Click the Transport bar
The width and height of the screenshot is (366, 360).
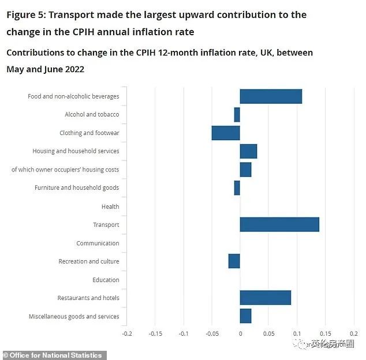(x=279, y=224)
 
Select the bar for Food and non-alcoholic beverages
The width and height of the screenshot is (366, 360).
(x=271, y=96)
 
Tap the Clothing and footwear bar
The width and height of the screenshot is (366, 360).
(x=226, y=133)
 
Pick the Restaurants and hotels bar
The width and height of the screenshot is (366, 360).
(x=265, y=298)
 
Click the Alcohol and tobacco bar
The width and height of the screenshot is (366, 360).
(x=237, y=114)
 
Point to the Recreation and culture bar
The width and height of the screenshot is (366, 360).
(x=234, y=261)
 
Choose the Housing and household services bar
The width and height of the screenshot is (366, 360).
(x=248, y=151)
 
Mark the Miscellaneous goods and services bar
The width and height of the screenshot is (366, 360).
(x=245, y=316)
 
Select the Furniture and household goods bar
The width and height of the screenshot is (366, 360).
(x=237, y=187)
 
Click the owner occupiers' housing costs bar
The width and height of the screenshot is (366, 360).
(x=245, y=170)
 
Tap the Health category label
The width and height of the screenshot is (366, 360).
(x=110, y=207)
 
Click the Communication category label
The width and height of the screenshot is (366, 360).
(x=98, y=243)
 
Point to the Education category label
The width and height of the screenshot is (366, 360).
(x=106, y=280)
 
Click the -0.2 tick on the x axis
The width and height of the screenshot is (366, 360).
(x=127, y=333)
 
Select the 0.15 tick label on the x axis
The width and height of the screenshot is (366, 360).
(x=325, y=333)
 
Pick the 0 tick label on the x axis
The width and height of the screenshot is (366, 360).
(x=240, y=333)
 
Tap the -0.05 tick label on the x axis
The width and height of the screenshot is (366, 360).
(x=211, y=333)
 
